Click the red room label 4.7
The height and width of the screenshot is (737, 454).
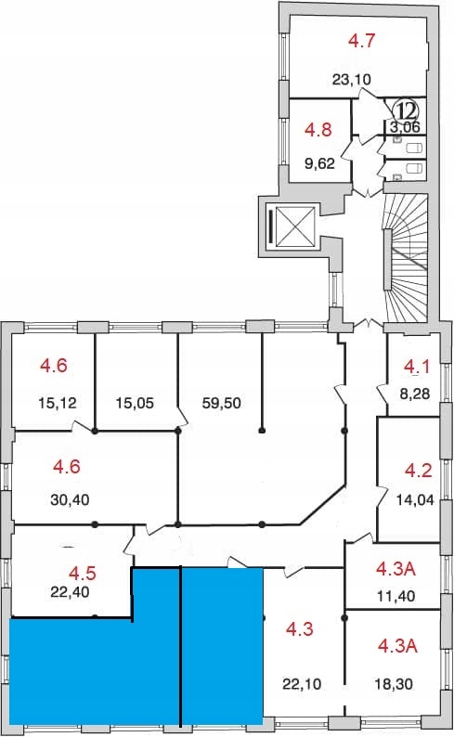[361, 41]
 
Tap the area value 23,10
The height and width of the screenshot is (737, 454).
[352, 80]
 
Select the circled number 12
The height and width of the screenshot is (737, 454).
[405, 111]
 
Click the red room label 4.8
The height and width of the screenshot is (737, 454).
[318, 129]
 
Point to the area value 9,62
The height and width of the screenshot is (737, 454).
[319, 163]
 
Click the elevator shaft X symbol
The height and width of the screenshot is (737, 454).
[294, 226]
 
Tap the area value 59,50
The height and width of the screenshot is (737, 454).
[221, 403]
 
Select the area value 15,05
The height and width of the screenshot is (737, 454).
[135, 403]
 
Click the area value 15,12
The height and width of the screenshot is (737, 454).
[58, 403]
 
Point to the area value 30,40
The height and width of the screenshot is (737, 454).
[70, 499]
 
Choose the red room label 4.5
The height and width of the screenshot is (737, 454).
[83, 574]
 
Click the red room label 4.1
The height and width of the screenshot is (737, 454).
[417, 367]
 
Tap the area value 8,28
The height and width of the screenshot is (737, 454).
[414, 394]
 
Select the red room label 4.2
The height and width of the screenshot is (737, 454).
[419, 470]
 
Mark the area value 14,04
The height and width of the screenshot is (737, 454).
[415, 499]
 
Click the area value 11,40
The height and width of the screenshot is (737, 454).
[396, 597]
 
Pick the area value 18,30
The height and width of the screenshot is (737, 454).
[394, 684]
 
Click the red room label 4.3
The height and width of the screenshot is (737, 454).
[300, 629]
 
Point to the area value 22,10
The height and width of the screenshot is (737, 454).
[302, 684]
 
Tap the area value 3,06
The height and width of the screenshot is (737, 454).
[405, 126]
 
